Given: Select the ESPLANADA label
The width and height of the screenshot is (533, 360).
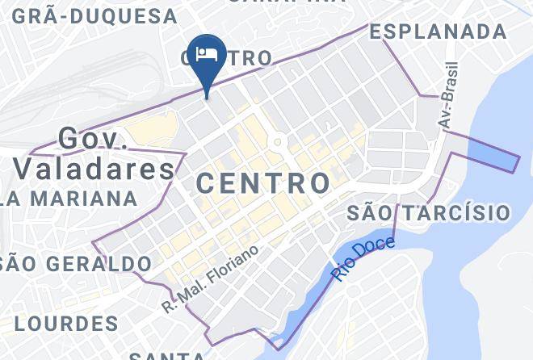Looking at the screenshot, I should click(x=439, y=31).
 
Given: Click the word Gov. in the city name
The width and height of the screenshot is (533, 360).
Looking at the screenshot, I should click(x=94, y=138).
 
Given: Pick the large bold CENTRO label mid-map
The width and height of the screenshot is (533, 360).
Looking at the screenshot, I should click(x=263, y=182).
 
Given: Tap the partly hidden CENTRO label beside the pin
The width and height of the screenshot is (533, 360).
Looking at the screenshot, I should click(x=242, y=58).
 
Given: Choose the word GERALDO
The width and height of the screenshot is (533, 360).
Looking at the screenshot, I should click(x=99, y=263).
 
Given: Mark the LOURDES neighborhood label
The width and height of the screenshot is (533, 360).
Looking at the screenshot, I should click(x=66, y=324).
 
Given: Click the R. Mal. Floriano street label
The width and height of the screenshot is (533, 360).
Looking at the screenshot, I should click(x=211, y=278).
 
